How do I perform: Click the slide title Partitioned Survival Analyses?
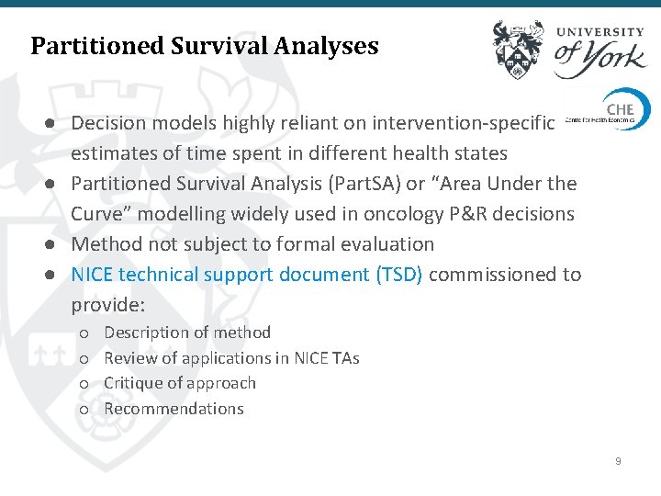(204, 46)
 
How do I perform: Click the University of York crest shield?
(518, 50)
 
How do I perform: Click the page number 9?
(618, 460)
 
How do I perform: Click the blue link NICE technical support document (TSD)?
(247, 275)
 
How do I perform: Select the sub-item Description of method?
(187, 333)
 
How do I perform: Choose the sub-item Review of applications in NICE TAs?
(231, 358)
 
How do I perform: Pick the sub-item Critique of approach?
(180, 383)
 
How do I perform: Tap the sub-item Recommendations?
(174, 409)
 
